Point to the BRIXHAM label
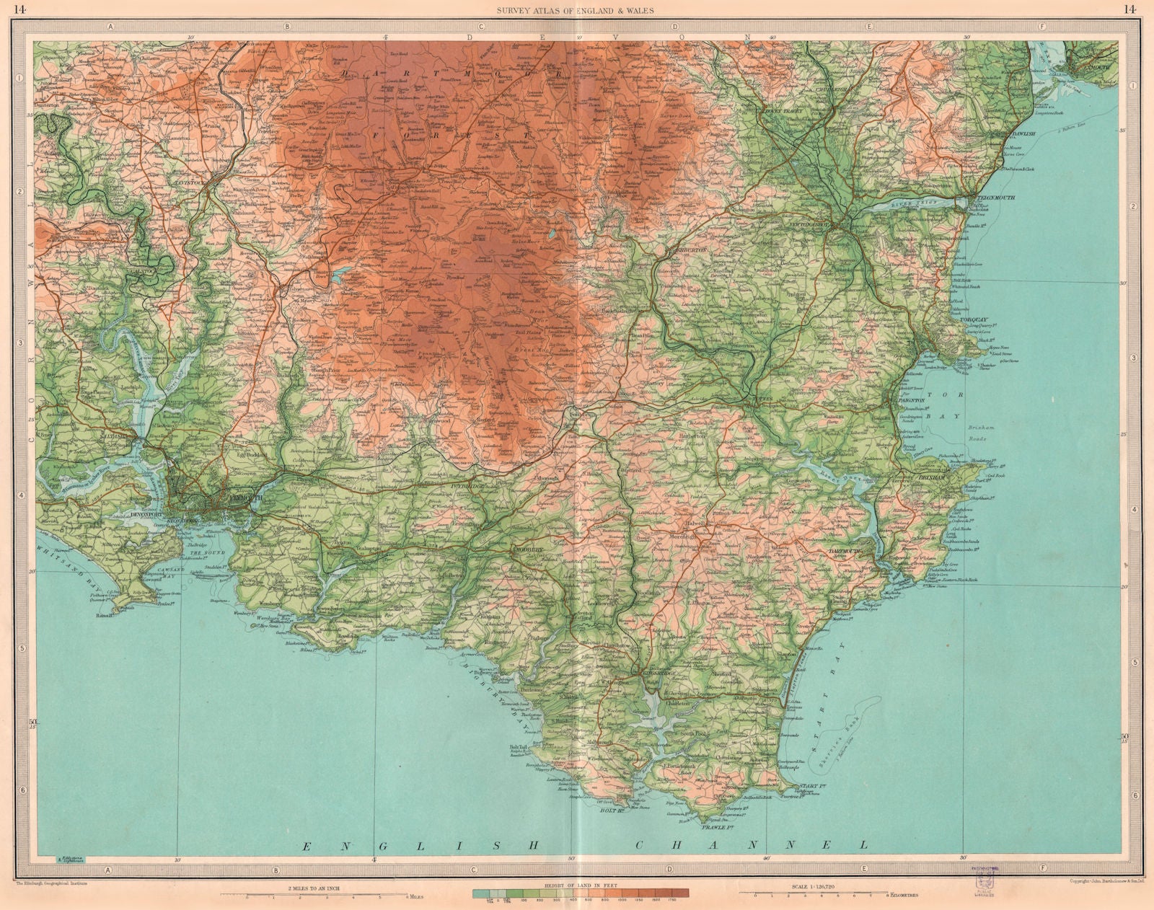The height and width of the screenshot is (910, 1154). point(930,477)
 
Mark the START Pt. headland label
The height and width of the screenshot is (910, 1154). point(807,787)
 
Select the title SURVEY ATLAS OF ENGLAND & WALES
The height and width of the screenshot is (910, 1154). point(577,9)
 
